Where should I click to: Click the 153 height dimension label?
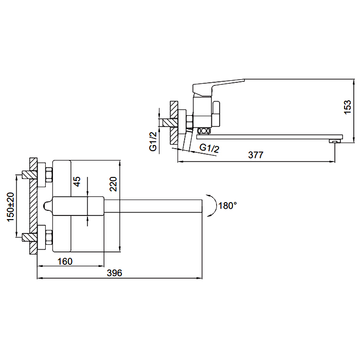coord(348,107)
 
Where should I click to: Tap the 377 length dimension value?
coord(256,155)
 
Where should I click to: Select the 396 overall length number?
coord(115,273)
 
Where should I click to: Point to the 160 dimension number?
coord(65,261)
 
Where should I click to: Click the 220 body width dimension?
coord(113,184)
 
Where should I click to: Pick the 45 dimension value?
coord(77,182)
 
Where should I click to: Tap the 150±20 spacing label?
coord(11,207)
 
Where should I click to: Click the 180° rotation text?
coord(227,206)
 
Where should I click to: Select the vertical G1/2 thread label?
coord(153,141)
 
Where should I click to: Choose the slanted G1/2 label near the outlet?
coord(209,148)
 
